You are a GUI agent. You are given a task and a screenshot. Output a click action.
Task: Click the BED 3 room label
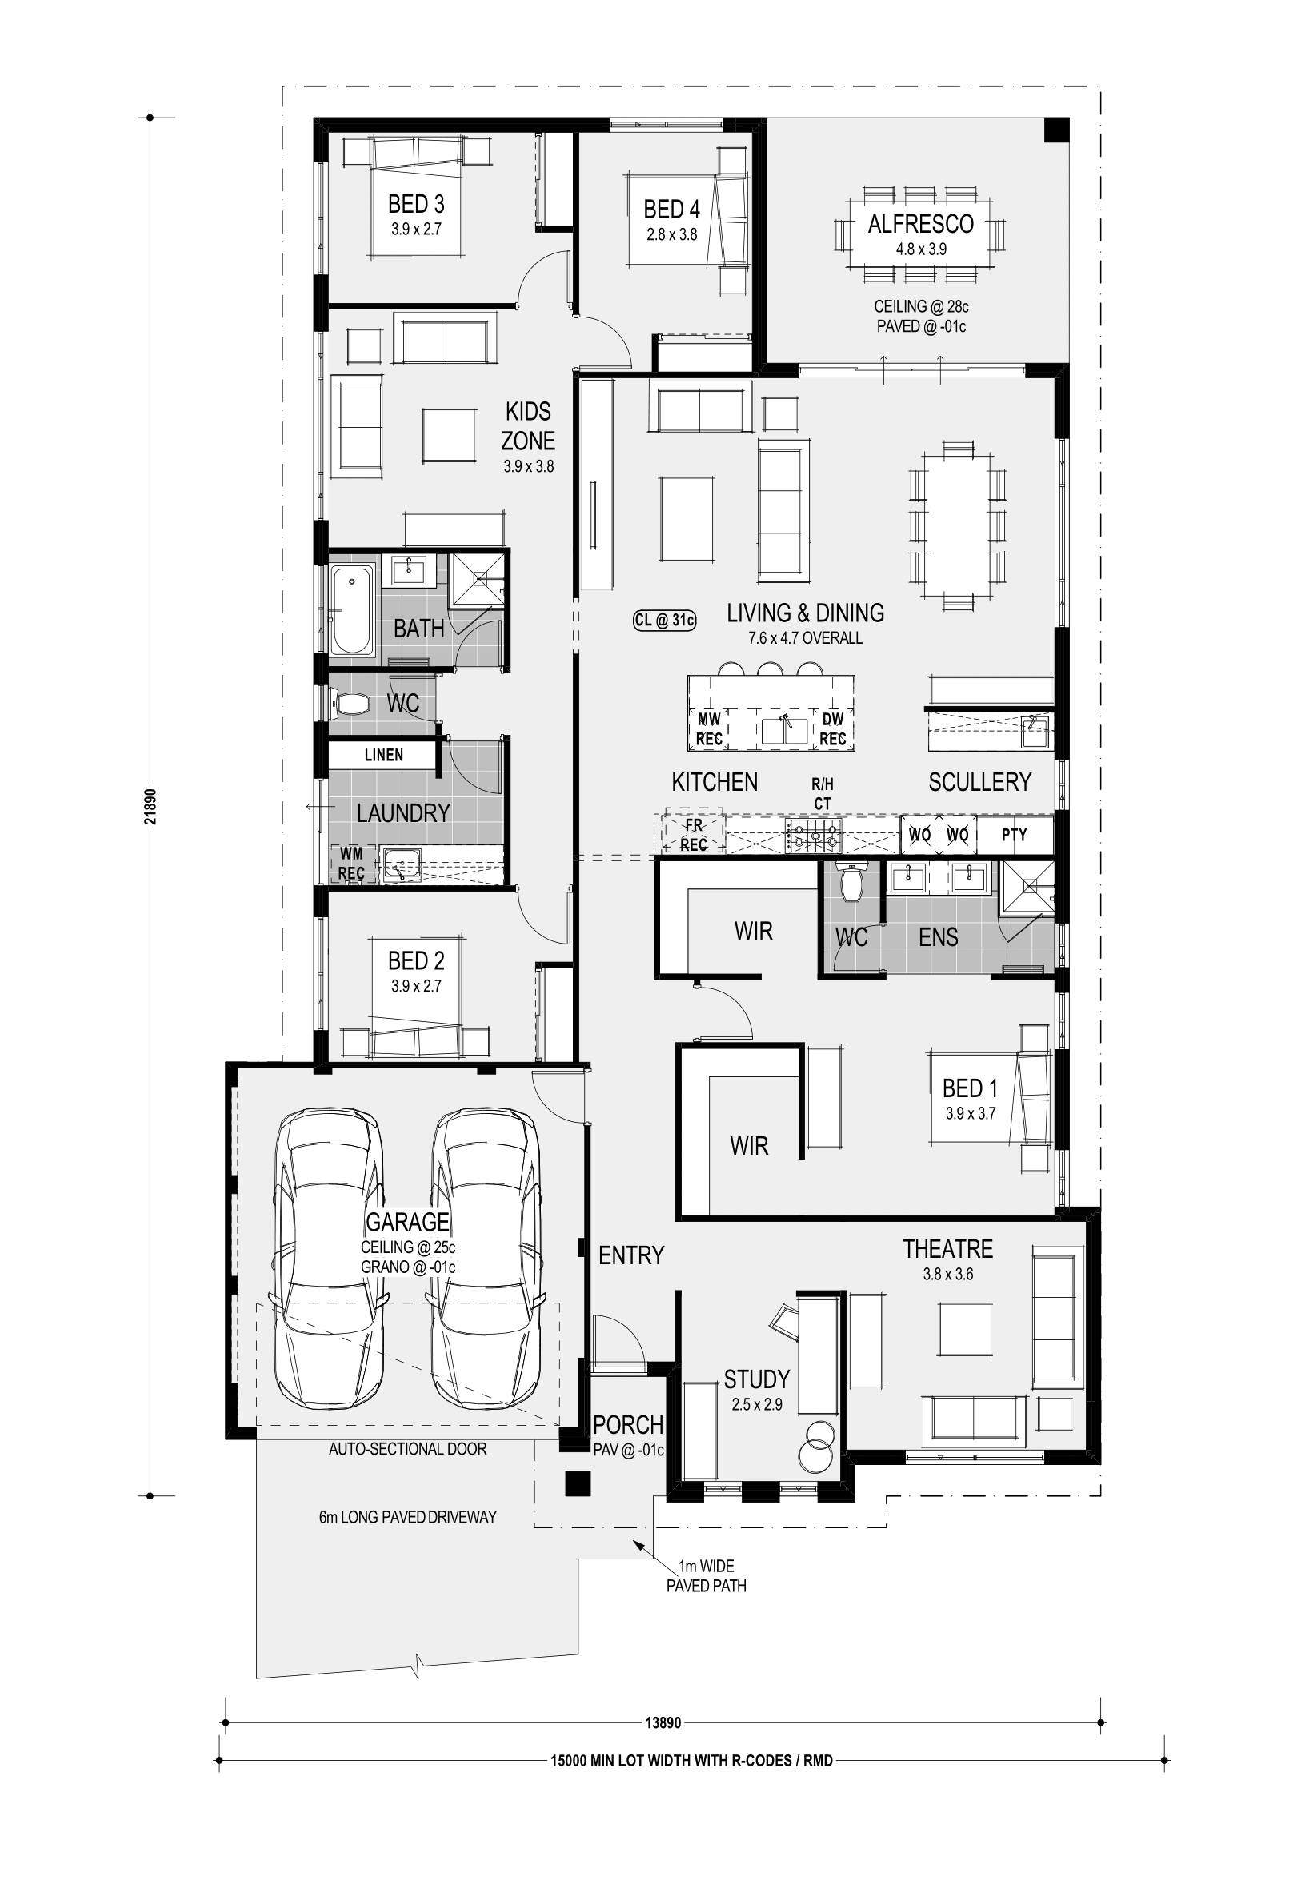416,204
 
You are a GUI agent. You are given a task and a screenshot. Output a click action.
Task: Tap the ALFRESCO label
921,224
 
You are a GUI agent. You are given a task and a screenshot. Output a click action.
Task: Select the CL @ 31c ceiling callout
665,620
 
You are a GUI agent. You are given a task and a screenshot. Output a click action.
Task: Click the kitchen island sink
784,729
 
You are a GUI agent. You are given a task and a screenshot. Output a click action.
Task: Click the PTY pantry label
1015,836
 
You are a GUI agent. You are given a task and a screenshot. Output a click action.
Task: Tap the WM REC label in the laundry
351,864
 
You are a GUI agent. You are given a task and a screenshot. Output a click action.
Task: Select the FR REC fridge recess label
694,835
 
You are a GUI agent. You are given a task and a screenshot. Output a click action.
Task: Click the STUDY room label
757,1379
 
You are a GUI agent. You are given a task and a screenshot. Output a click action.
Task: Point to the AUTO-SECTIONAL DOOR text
408,1449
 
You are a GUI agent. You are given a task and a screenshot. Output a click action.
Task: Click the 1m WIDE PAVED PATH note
707,1576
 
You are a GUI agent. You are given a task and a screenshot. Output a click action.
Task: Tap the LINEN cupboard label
383,755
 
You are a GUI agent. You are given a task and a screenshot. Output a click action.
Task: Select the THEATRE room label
947,1249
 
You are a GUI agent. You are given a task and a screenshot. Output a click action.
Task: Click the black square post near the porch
578,1483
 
